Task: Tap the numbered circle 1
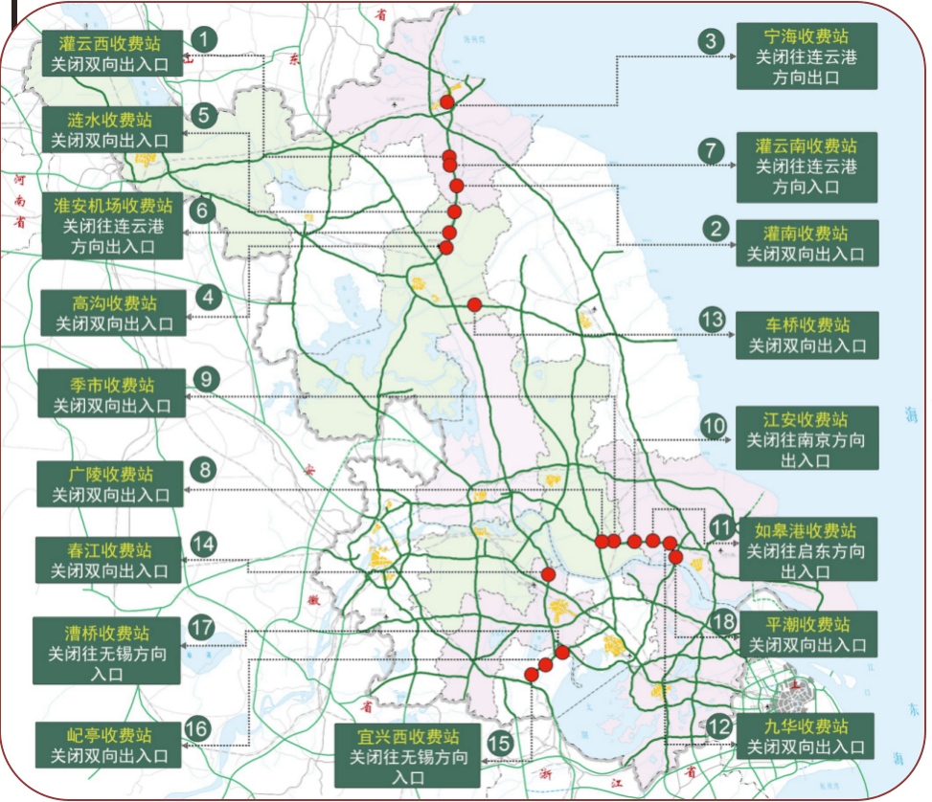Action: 204,39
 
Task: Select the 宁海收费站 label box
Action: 807,56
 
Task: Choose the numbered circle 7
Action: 710,150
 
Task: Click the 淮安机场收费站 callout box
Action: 113,226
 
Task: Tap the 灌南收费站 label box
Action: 807,244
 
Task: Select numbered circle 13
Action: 712,319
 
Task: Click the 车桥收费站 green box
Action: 807,335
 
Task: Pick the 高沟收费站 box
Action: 113,313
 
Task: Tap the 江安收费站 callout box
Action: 807,439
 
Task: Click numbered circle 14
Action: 204,544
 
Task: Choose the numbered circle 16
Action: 196,729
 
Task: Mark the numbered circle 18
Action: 724,621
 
